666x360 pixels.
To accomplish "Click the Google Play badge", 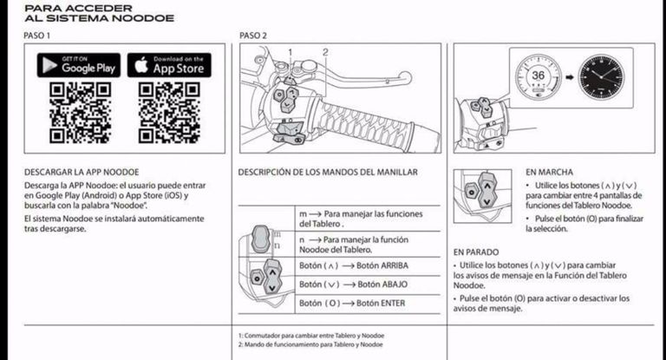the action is click(x=79, y=65).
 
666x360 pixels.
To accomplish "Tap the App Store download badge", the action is click(x=169, y=65).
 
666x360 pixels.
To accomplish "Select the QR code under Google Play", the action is click(x=81, y=113).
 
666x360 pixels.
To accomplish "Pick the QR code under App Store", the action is click(x=169, y=113).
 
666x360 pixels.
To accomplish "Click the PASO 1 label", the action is click(x=37, y=36).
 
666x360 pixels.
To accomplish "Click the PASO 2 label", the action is click(x=253, y=36).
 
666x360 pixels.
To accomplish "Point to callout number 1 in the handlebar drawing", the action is click(x=291, y=52).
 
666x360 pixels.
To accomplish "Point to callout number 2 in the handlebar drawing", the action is click(x=325, y=52).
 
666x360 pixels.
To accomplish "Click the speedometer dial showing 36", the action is click(x=539, y=77).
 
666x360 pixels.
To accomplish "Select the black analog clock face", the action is click(x=602, y=77).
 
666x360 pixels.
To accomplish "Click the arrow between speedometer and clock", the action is click(x=570, y=77).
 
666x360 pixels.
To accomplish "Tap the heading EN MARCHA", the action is click(x=549, y=172).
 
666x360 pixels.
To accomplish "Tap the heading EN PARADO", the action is click(x=476, y=252).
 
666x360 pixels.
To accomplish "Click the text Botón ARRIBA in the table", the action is click(x=382, y=265).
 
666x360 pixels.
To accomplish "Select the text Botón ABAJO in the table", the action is click(x=382, y=285).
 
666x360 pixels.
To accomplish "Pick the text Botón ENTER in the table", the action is click(x=381, y=303).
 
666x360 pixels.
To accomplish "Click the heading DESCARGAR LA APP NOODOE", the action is click(x=82, y=172).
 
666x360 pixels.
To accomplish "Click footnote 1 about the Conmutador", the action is click(x=311, y=336).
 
